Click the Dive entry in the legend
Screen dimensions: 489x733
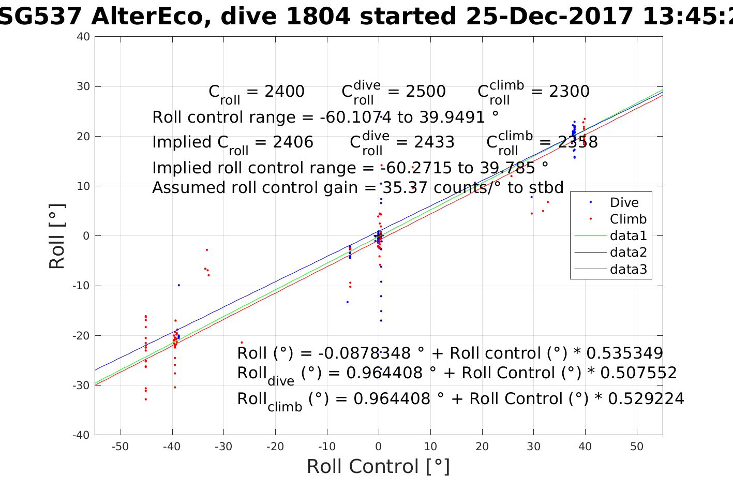624,202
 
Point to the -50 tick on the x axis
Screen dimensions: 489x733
120,447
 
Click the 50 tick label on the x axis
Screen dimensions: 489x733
637,447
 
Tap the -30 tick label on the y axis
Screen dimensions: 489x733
81,386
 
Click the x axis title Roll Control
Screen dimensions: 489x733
378,466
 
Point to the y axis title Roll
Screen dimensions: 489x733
57,236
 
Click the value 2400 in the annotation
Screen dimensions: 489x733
285,92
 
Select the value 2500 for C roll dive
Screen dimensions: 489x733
426,92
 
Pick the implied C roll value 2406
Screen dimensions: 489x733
293,142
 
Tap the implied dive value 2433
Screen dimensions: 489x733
435,142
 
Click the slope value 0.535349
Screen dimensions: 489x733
624,353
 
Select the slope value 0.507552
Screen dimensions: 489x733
638,373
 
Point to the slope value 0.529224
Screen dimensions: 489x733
646,399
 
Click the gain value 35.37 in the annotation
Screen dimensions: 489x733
406,187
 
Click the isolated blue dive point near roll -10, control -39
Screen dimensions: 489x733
179,285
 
